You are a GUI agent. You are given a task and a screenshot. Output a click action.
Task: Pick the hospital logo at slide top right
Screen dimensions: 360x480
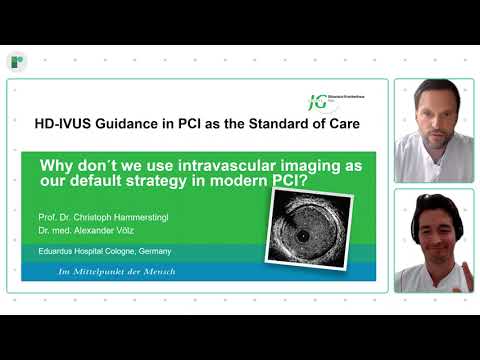click(323, 102)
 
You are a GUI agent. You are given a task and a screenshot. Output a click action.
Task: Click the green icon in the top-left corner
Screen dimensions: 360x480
click(17, 62)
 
